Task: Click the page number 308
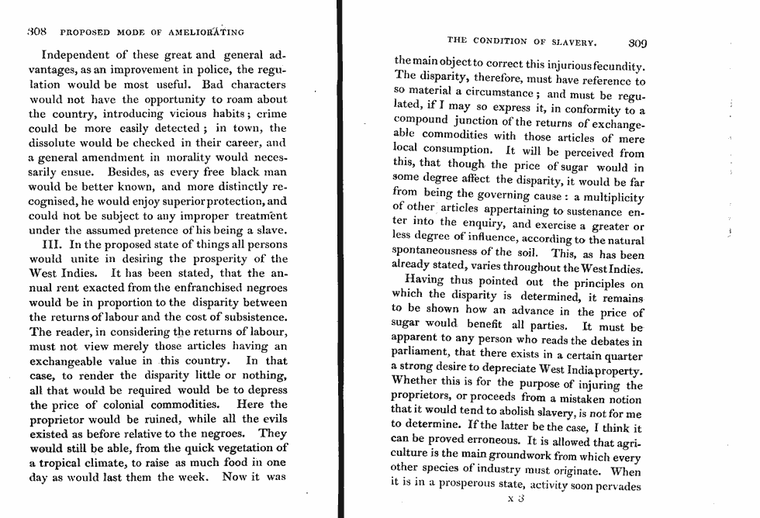coord(37,33)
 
